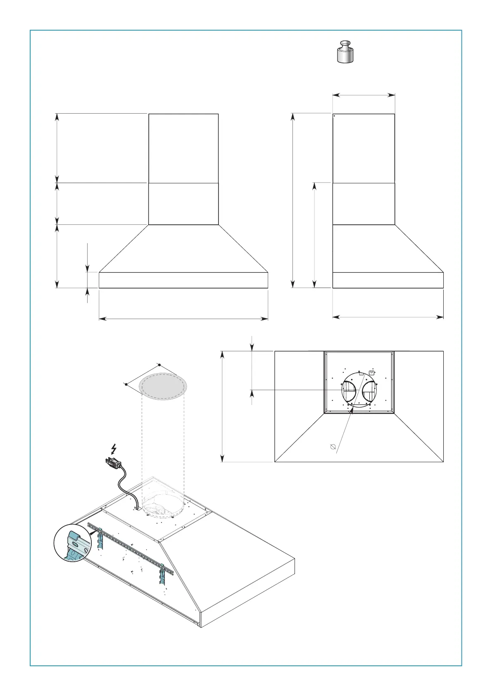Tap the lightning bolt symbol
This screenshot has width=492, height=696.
click(x=114, y=449)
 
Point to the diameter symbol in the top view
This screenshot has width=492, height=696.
click(x=333, y=447)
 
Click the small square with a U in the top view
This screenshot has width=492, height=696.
click(x=371, y=373)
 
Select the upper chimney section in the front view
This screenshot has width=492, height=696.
click(x=183, y=148)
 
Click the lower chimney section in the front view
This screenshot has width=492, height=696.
click(x=183, y=204)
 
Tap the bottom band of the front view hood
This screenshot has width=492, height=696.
click(x=183, y=280)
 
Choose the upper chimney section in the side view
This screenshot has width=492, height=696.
click(x=364, y=148)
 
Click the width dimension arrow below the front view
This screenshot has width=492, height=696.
click(x=183, y=319)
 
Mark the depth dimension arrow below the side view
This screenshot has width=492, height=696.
click(x=388, y=317)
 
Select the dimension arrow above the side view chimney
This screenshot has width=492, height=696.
click(x=364, y=95)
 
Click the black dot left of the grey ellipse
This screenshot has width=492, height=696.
click(x=126, y=384)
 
